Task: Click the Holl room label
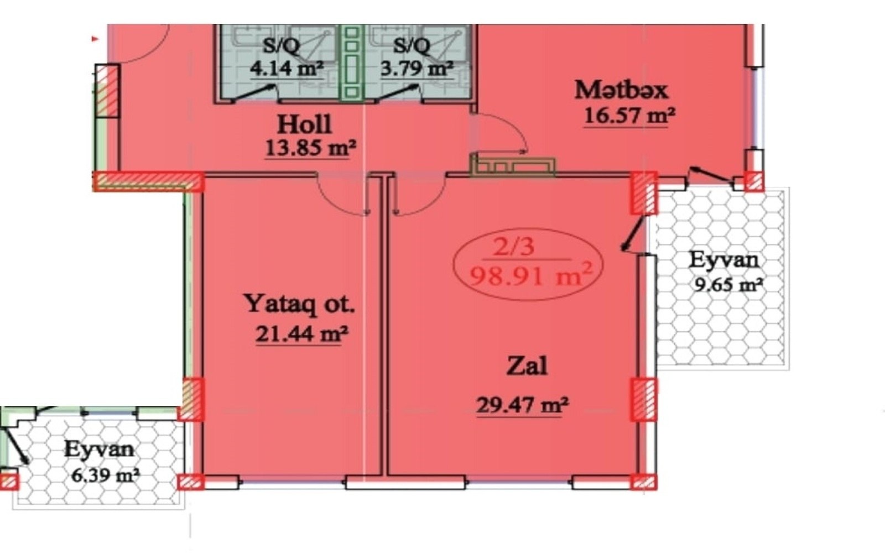(x=304, y=125)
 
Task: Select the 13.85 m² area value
(x=310, y=149)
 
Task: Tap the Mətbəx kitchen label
(x=621, y=90)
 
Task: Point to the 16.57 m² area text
(x=629, y=116)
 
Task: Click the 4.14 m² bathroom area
(x=287, y=69)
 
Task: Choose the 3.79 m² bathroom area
(x=417, y=69)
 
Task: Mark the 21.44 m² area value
(x=302, y=334)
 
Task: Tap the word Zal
(x=527, y=366)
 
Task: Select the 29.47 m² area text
(x=522, y=405)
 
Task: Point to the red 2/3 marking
(x=514, y=247)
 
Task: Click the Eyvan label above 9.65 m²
(x=724, y=260)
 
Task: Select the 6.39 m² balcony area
(x=106, y=474)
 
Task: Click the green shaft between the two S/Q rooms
(x=352, y=62)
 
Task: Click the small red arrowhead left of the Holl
(x=95, y=39)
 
